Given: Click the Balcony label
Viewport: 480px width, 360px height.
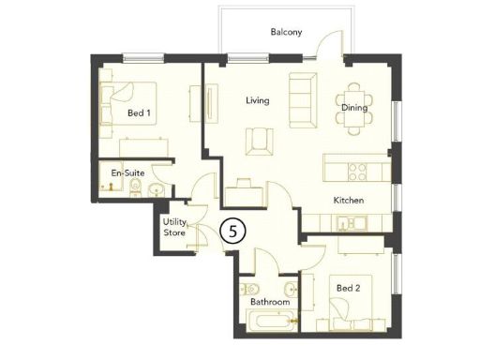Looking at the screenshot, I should click(286, 32).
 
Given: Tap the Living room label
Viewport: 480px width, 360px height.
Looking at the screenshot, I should click(258, 99).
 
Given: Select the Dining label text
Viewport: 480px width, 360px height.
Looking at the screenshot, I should click(353, 109).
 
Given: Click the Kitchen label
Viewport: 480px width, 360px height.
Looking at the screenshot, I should click(349, 201).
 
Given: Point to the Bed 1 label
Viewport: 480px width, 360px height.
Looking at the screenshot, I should click(140, 114).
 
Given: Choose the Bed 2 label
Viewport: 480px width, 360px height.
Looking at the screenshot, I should click(349, 288).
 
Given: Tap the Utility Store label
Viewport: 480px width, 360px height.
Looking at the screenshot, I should click(174, 227).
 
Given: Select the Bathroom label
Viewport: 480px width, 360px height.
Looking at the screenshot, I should click(269, 302).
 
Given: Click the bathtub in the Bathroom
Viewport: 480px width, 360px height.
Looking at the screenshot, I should click(269, 323).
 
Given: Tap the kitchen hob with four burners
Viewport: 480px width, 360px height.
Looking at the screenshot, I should click(357, 171).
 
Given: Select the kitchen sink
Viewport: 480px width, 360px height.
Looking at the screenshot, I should click(349, 223).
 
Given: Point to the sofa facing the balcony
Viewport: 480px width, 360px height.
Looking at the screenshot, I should click(302, 98).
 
